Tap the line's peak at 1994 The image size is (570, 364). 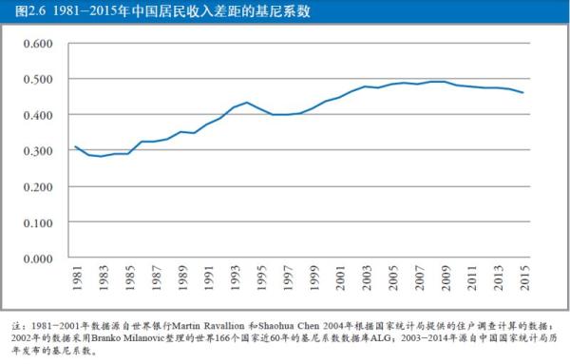[x=246, y=103]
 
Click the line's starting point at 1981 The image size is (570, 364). [x=75, y=146]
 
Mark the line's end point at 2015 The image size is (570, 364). [x=523, y=93]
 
